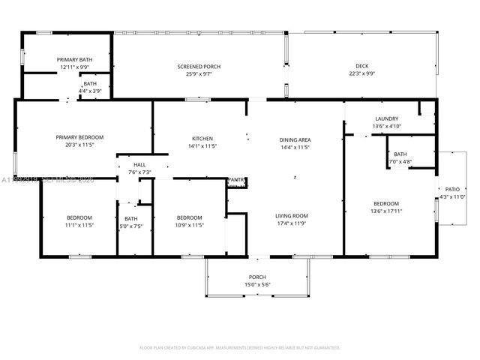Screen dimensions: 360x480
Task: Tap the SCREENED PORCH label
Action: tap(199, 67)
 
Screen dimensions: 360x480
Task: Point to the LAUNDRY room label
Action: tap(386, 119)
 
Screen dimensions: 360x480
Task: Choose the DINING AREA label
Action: tap(295, 139)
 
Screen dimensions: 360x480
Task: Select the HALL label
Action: tap(139, 165)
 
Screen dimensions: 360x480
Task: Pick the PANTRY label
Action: tap(236, 180)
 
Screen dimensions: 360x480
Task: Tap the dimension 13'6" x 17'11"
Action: tap(386, 211)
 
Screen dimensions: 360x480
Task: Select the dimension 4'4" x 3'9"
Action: tap(90, 91)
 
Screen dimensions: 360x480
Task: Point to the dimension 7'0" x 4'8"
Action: tap(400, 161)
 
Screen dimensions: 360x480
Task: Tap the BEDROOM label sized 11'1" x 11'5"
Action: tap(79, 217)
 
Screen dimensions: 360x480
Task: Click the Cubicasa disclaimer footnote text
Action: tap(240, 348)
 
